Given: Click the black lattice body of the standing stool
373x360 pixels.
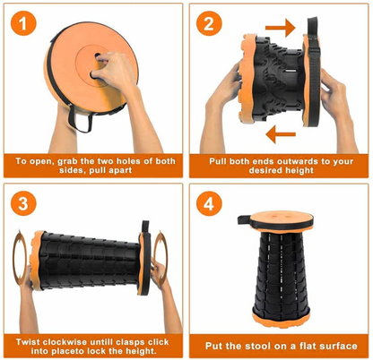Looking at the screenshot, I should (x=277, y=269).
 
